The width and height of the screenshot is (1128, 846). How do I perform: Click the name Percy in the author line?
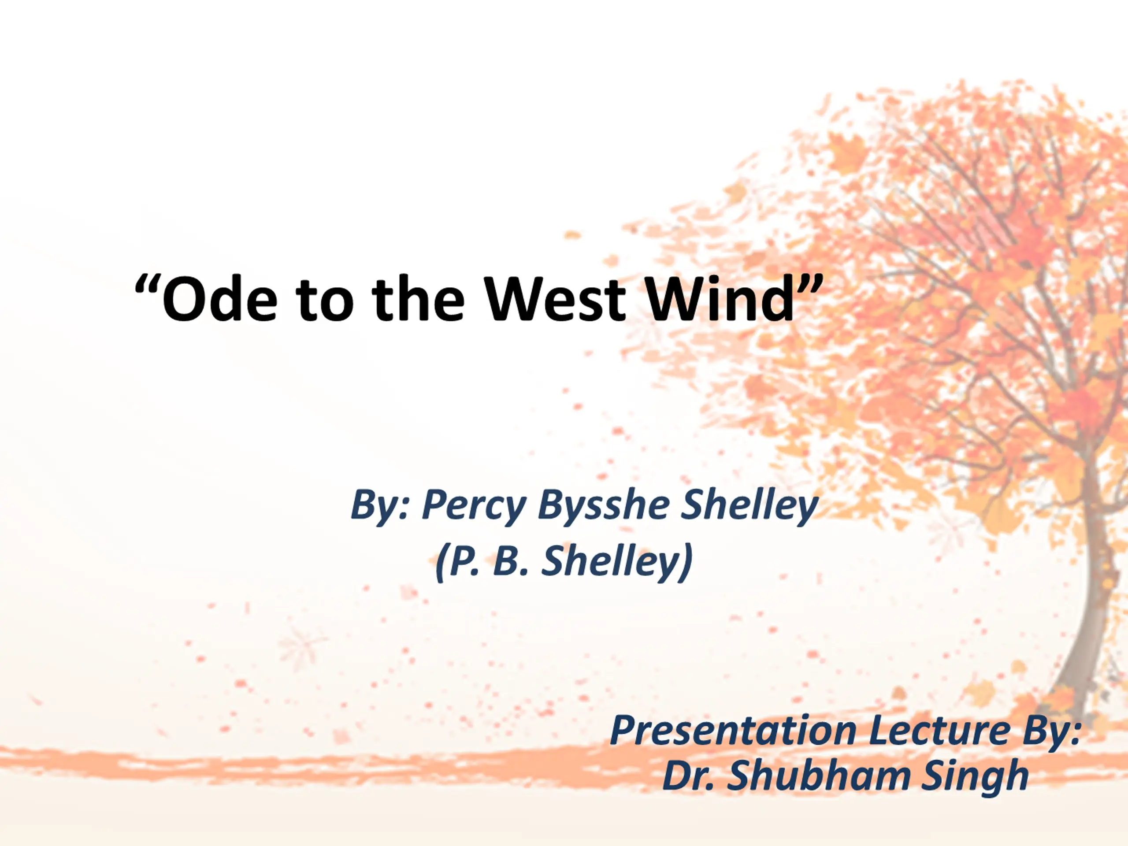coord(474,506)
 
